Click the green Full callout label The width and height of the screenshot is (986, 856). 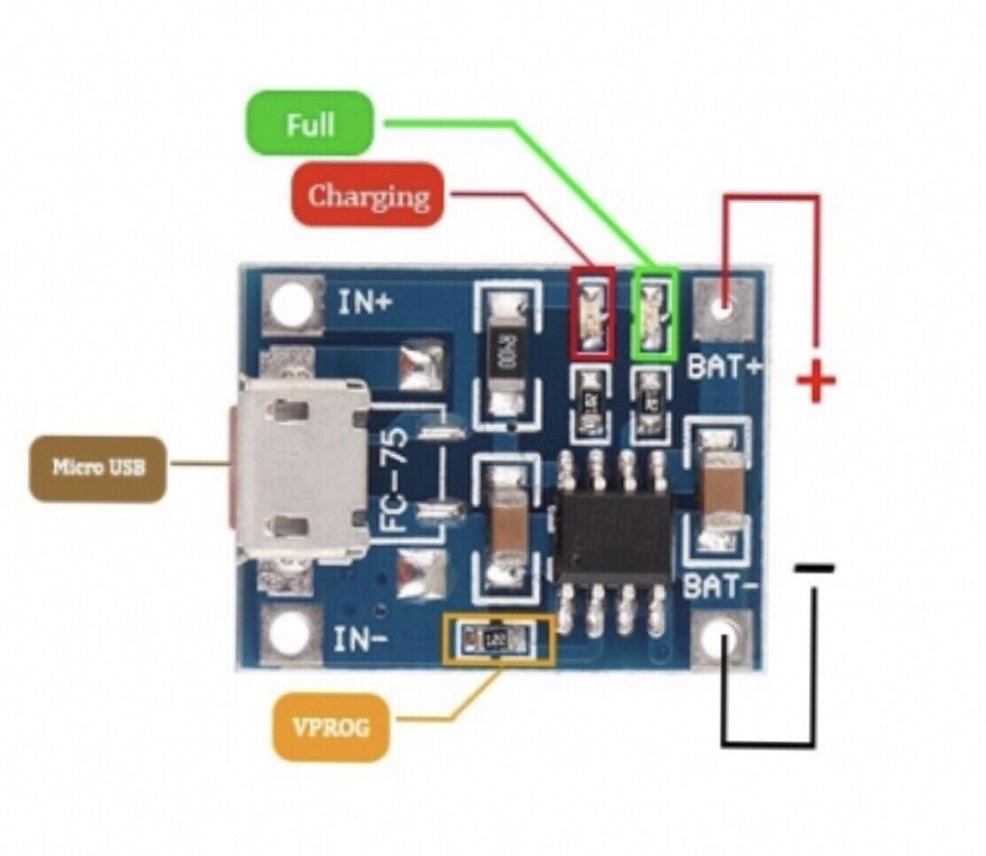[x=311, y=124]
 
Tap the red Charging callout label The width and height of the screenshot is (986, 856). [x=368, y=196]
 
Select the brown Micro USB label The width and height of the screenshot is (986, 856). [x=97, y=468]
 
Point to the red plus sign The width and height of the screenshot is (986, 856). [x=816, y=382]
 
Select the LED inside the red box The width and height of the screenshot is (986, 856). [x=593, y=314]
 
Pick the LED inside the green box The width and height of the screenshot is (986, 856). [x=654, y=314]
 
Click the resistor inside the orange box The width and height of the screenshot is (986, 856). [x=497, y=636]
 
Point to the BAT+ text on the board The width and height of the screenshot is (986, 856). [x=726, y=366]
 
